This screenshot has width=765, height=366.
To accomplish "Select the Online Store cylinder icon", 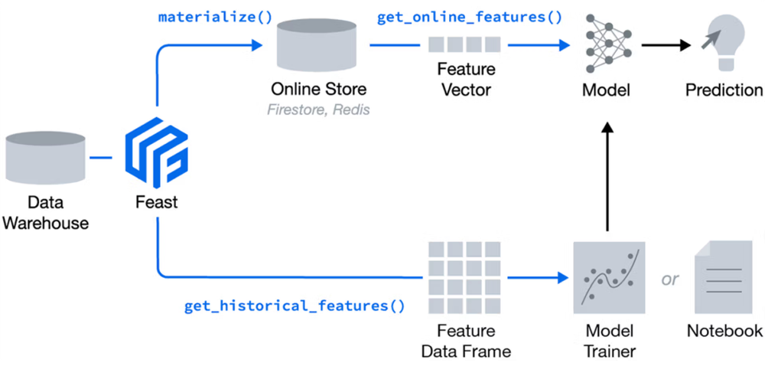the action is coord(316,44).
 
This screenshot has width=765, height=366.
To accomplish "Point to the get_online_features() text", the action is coord(470,18).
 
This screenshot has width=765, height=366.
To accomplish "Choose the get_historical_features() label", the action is coord(295,306).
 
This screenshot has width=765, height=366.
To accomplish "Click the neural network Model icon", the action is coord(607,43).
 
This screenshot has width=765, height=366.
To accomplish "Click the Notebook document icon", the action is coord(724,277).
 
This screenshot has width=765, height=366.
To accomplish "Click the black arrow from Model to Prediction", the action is coord(666,45).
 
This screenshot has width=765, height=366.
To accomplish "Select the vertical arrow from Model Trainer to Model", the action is coord(607,176).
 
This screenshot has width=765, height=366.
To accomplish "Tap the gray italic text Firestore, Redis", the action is coord(318,109).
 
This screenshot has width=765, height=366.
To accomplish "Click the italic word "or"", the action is coord(670,279).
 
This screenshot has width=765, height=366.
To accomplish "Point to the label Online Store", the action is coord(318,90).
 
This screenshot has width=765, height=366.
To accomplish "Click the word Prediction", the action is coord(724,90).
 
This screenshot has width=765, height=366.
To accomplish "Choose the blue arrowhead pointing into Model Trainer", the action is coord(564,278).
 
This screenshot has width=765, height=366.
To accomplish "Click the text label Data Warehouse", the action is coord(47,212).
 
